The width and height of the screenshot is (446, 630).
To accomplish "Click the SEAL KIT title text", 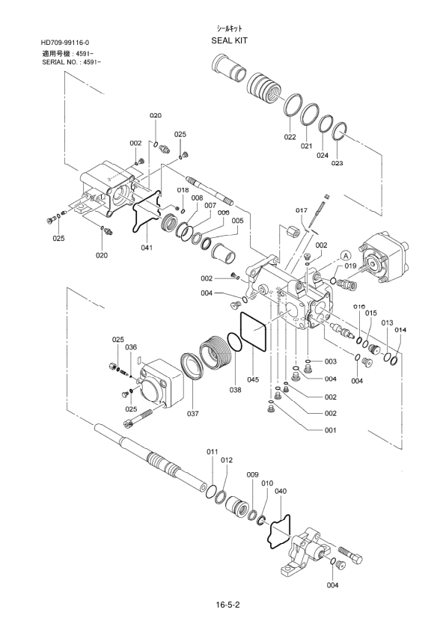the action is [230, 40].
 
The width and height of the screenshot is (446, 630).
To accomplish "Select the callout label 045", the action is [254, 379].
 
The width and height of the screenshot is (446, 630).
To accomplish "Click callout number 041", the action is [147, 248].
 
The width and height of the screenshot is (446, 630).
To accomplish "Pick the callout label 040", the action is [281, 491].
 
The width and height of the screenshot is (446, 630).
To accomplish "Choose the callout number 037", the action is [193, 414].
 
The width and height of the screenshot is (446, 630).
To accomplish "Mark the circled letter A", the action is [345, 255].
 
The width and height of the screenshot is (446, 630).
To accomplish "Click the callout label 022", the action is [290, 137].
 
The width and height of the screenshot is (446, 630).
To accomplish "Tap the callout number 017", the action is [302, 210].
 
